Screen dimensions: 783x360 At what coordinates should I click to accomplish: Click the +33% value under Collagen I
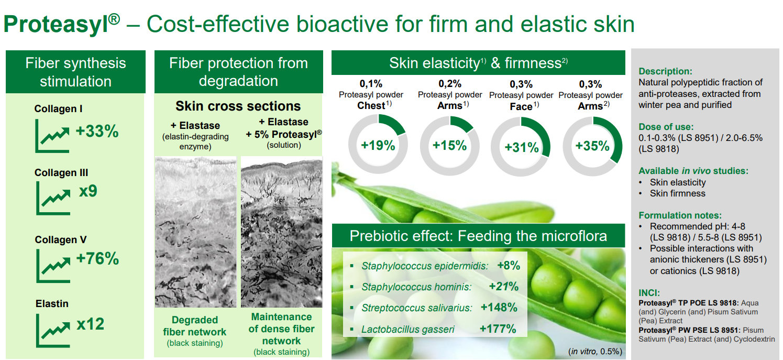(x=97, y=131)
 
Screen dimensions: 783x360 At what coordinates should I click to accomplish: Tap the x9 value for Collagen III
(x=88, y=191)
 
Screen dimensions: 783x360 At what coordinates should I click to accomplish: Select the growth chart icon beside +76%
(x=53, y=266)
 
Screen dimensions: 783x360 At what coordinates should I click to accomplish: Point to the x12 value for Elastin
(x=90, y=324)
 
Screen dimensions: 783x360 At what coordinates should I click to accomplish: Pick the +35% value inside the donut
(x=592, y=146)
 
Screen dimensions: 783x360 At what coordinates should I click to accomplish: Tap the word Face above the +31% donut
(x=521, y=106)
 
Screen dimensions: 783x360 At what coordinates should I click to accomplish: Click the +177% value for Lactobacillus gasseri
(x=498, y=329)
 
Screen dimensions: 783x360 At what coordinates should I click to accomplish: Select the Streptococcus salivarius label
(x=417, y=308)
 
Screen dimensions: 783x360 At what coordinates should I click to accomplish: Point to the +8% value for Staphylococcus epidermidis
(x=509, y=266)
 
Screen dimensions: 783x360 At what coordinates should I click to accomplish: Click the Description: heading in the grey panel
(x=665, y=71)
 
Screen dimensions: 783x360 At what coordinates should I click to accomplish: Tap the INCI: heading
(x=649, y=293)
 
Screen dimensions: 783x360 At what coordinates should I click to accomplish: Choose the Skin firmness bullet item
(x=677, y=193)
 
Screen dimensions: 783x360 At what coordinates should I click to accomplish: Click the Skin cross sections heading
(x=238, y=106)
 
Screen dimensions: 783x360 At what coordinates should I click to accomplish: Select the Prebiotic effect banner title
(x=478, y=236)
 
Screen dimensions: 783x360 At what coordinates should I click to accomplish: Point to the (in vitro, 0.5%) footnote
(x=595, y=351)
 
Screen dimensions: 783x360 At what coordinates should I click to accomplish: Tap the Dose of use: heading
(x=666, y=127)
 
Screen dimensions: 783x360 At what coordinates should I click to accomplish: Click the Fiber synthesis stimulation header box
(x=75, y=72)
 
